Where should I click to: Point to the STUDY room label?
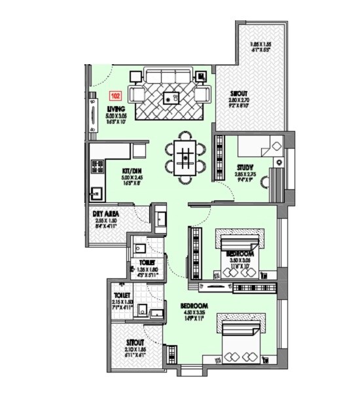pyautogui.click(x=245, y=167)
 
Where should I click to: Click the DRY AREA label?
pyautogui.click(x=104, y=213)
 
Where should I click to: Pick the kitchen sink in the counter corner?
pyautogui.click(x=96, y=193)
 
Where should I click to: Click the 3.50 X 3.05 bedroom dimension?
pyautogui.click(x=239, y=261)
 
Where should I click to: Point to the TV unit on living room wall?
pyautogui.click(x=92, y=115)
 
